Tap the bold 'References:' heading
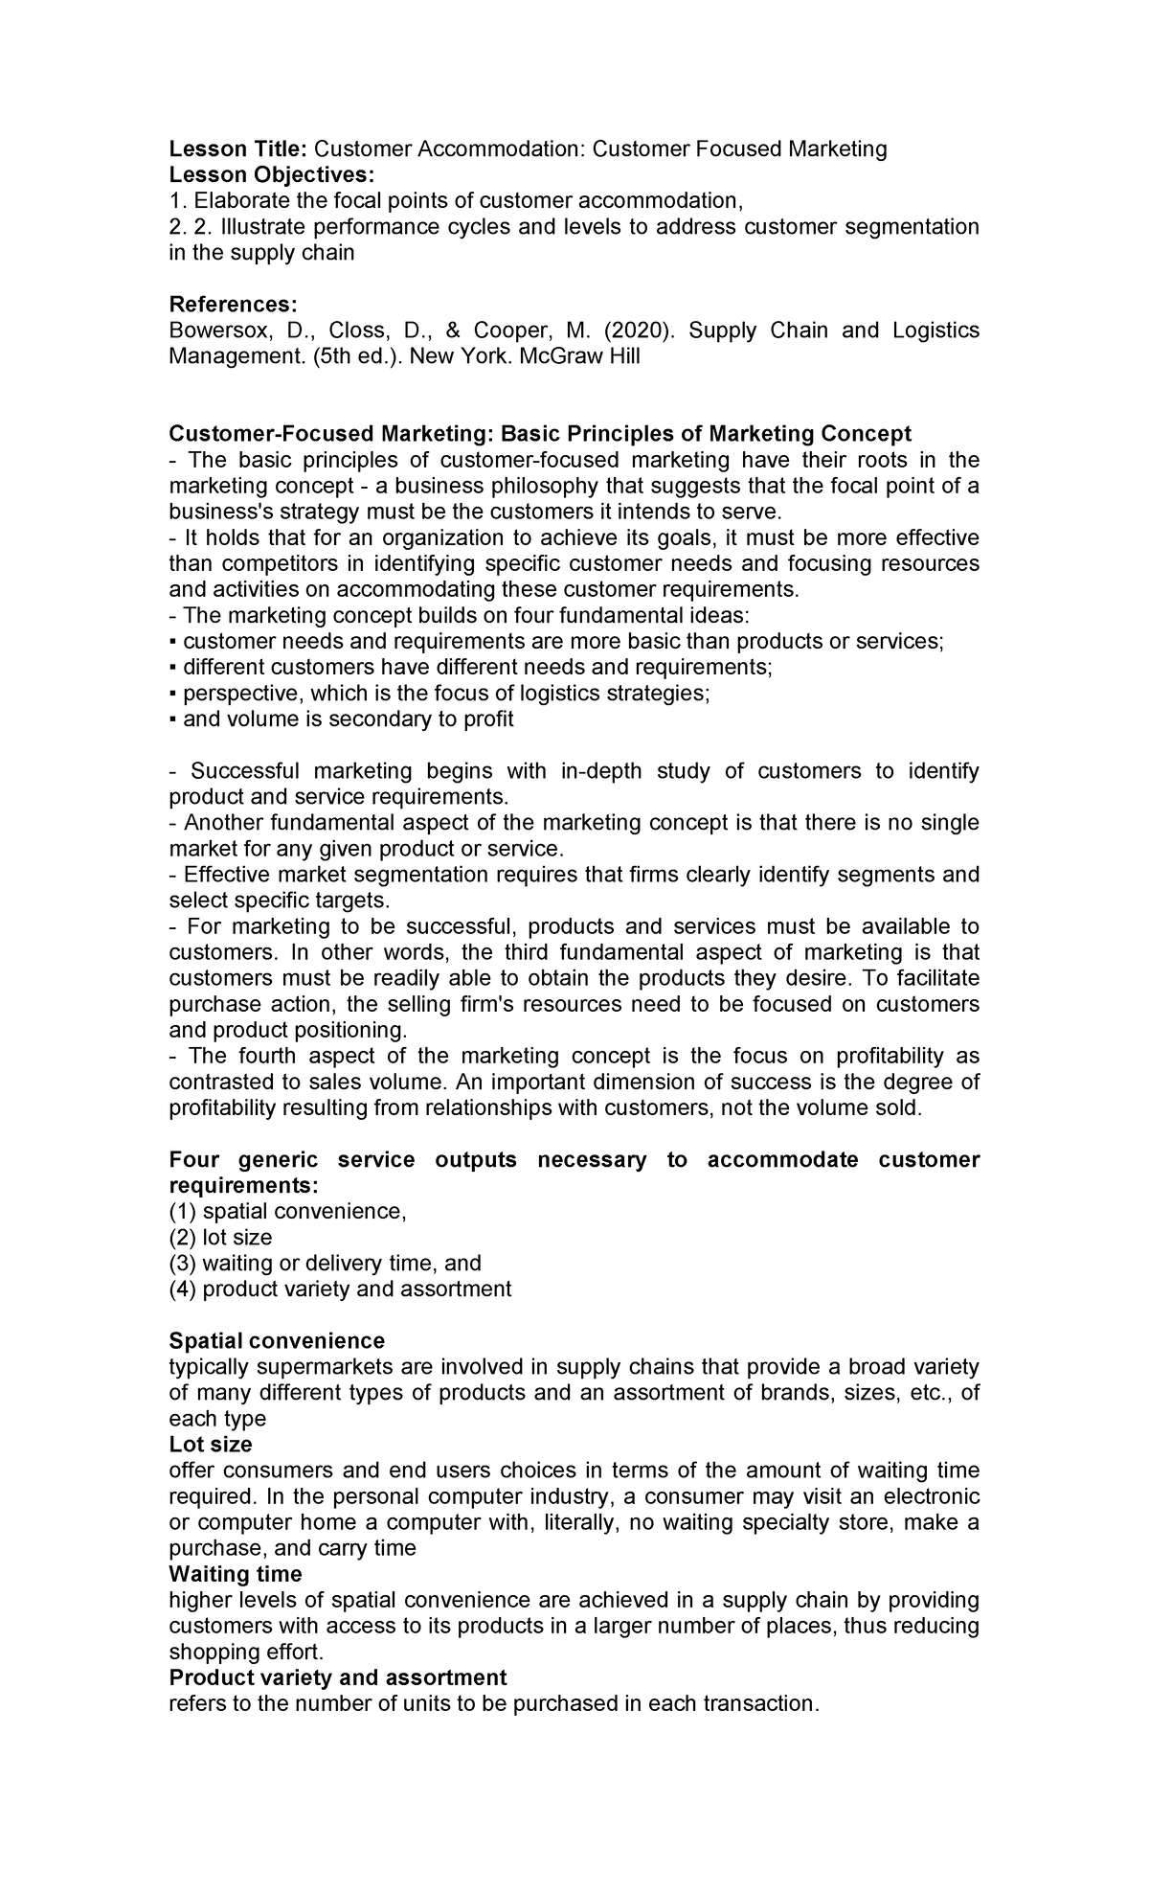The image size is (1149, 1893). (233, 305)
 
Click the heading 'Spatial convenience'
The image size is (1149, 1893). (277, 1340)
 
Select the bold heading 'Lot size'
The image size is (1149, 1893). (210, 1444)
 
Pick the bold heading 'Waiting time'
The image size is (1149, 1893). (235, 1574)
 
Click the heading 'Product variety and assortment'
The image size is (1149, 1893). (337, 1677)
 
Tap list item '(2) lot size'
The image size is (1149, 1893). (220, 1237)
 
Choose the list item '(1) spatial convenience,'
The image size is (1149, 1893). (287, 1211)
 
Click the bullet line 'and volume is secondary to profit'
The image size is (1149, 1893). (348, 718)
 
